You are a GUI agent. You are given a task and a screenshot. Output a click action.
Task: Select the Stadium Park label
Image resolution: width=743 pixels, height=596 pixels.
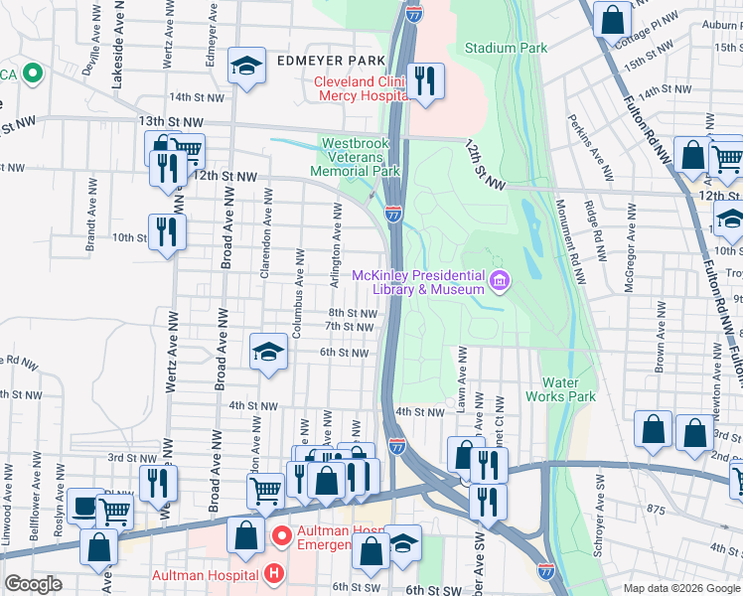pyautogui.click(x=506, y=48)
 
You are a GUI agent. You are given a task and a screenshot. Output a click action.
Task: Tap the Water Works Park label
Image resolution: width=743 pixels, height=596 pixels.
pyautogui.click(x=568, y=389)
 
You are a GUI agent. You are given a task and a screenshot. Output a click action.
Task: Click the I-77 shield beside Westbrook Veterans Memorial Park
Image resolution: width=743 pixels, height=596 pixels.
pyautogui.click(x=394, y=214)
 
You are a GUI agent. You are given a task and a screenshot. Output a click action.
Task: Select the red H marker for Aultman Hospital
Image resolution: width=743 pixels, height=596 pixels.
pyautogui.click(x=273, y=574)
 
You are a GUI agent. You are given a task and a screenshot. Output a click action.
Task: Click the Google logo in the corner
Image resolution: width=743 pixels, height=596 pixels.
pyautogui.click(x=33, y=584)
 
